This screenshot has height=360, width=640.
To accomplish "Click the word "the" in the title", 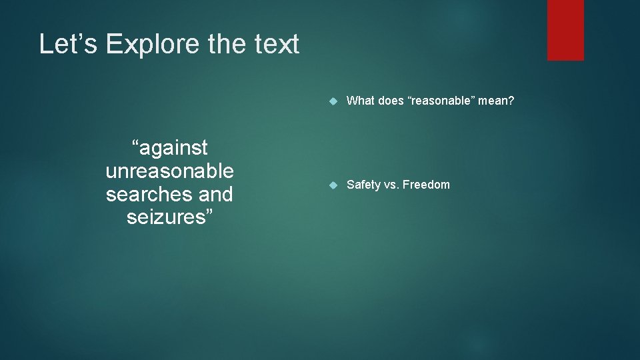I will tap(224, 45).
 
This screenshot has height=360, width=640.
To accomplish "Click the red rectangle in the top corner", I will tap(565, 30).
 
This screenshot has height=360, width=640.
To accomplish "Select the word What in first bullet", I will tap(361, 101).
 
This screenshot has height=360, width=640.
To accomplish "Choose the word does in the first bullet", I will tap(391, 101).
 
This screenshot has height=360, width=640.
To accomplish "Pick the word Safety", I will tap(363, 185).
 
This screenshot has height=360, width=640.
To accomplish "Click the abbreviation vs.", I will tap(391, 185).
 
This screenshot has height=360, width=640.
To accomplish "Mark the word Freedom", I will tap(427, 185).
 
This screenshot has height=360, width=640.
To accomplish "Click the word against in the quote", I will tap(171, 147).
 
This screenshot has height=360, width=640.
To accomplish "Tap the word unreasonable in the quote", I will tap(169, 171).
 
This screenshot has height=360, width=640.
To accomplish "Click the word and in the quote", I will tap(214, 194).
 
